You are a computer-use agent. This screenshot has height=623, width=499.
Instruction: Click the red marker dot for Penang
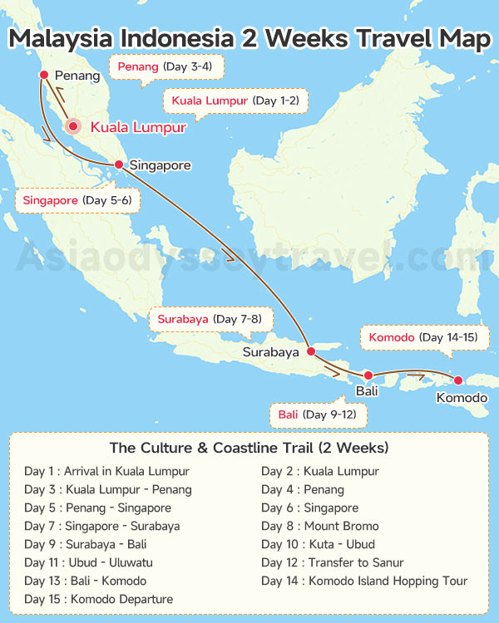43,75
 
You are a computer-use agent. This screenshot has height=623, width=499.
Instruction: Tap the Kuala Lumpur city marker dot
73,127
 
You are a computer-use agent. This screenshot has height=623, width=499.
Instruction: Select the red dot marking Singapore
119,164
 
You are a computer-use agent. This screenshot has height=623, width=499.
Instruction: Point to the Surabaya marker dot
311,351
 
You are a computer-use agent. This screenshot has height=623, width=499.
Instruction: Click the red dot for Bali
368,375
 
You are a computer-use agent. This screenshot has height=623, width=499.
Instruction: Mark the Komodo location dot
457,380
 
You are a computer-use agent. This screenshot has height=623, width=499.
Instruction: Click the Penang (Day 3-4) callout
166,66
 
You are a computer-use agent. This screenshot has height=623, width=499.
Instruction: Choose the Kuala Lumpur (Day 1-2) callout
235,101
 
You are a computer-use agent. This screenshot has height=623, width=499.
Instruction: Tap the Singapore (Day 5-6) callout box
77,200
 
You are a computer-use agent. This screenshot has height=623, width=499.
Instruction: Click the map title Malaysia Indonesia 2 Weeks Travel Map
249,39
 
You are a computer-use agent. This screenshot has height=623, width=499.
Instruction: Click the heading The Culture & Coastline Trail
249,448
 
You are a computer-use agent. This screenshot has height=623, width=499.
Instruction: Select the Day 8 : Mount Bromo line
319,526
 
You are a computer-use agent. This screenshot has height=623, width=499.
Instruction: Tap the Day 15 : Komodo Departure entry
98,599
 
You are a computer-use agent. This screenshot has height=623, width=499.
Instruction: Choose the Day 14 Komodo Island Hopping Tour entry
364,581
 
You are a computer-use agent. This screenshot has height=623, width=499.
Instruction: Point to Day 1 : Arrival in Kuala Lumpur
106,471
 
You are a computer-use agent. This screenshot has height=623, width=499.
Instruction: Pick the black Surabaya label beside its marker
270,352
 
